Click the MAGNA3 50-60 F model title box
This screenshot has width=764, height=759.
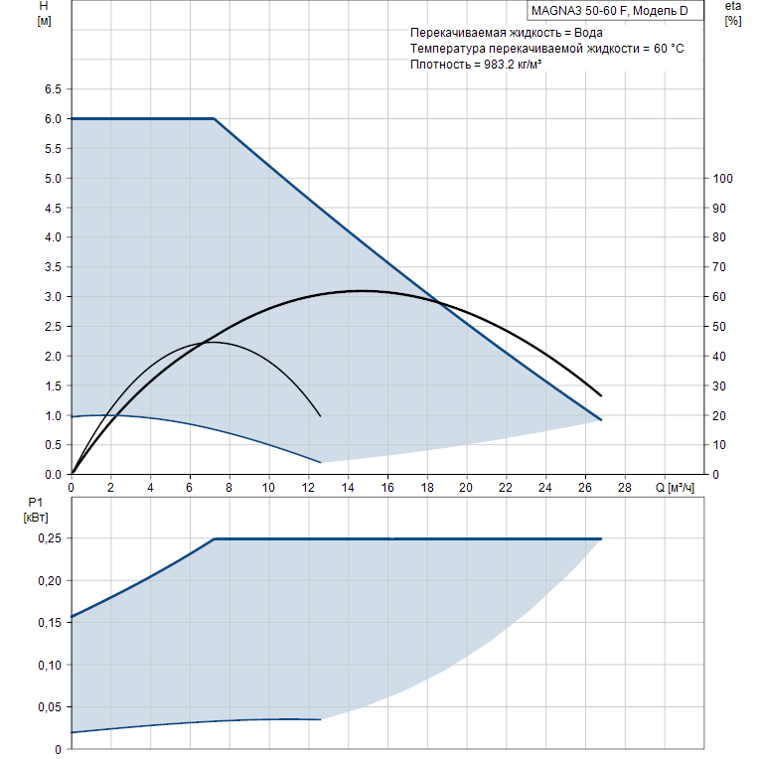tap(616, 11)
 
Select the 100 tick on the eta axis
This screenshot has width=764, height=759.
tap(723, 179)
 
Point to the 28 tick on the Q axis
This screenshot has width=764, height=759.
tap(624, 488)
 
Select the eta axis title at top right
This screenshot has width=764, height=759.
tap(733, 13)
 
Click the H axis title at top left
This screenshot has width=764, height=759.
tap(43, 13)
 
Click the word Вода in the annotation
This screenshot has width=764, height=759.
tap(586, 33)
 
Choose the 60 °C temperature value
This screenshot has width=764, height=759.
tap(664, 49)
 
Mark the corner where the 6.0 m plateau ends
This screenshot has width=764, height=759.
tap(215, 118)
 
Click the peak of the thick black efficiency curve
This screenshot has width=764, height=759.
tap(360, 291)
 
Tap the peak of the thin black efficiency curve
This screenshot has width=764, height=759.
tap(214, 342)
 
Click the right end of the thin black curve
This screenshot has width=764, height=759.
tap(321, 415)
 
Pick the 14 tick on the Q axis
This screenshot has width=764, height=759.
tap(348, 488)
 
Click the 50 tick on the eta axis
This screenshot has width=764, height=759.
tap(720, 327)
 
